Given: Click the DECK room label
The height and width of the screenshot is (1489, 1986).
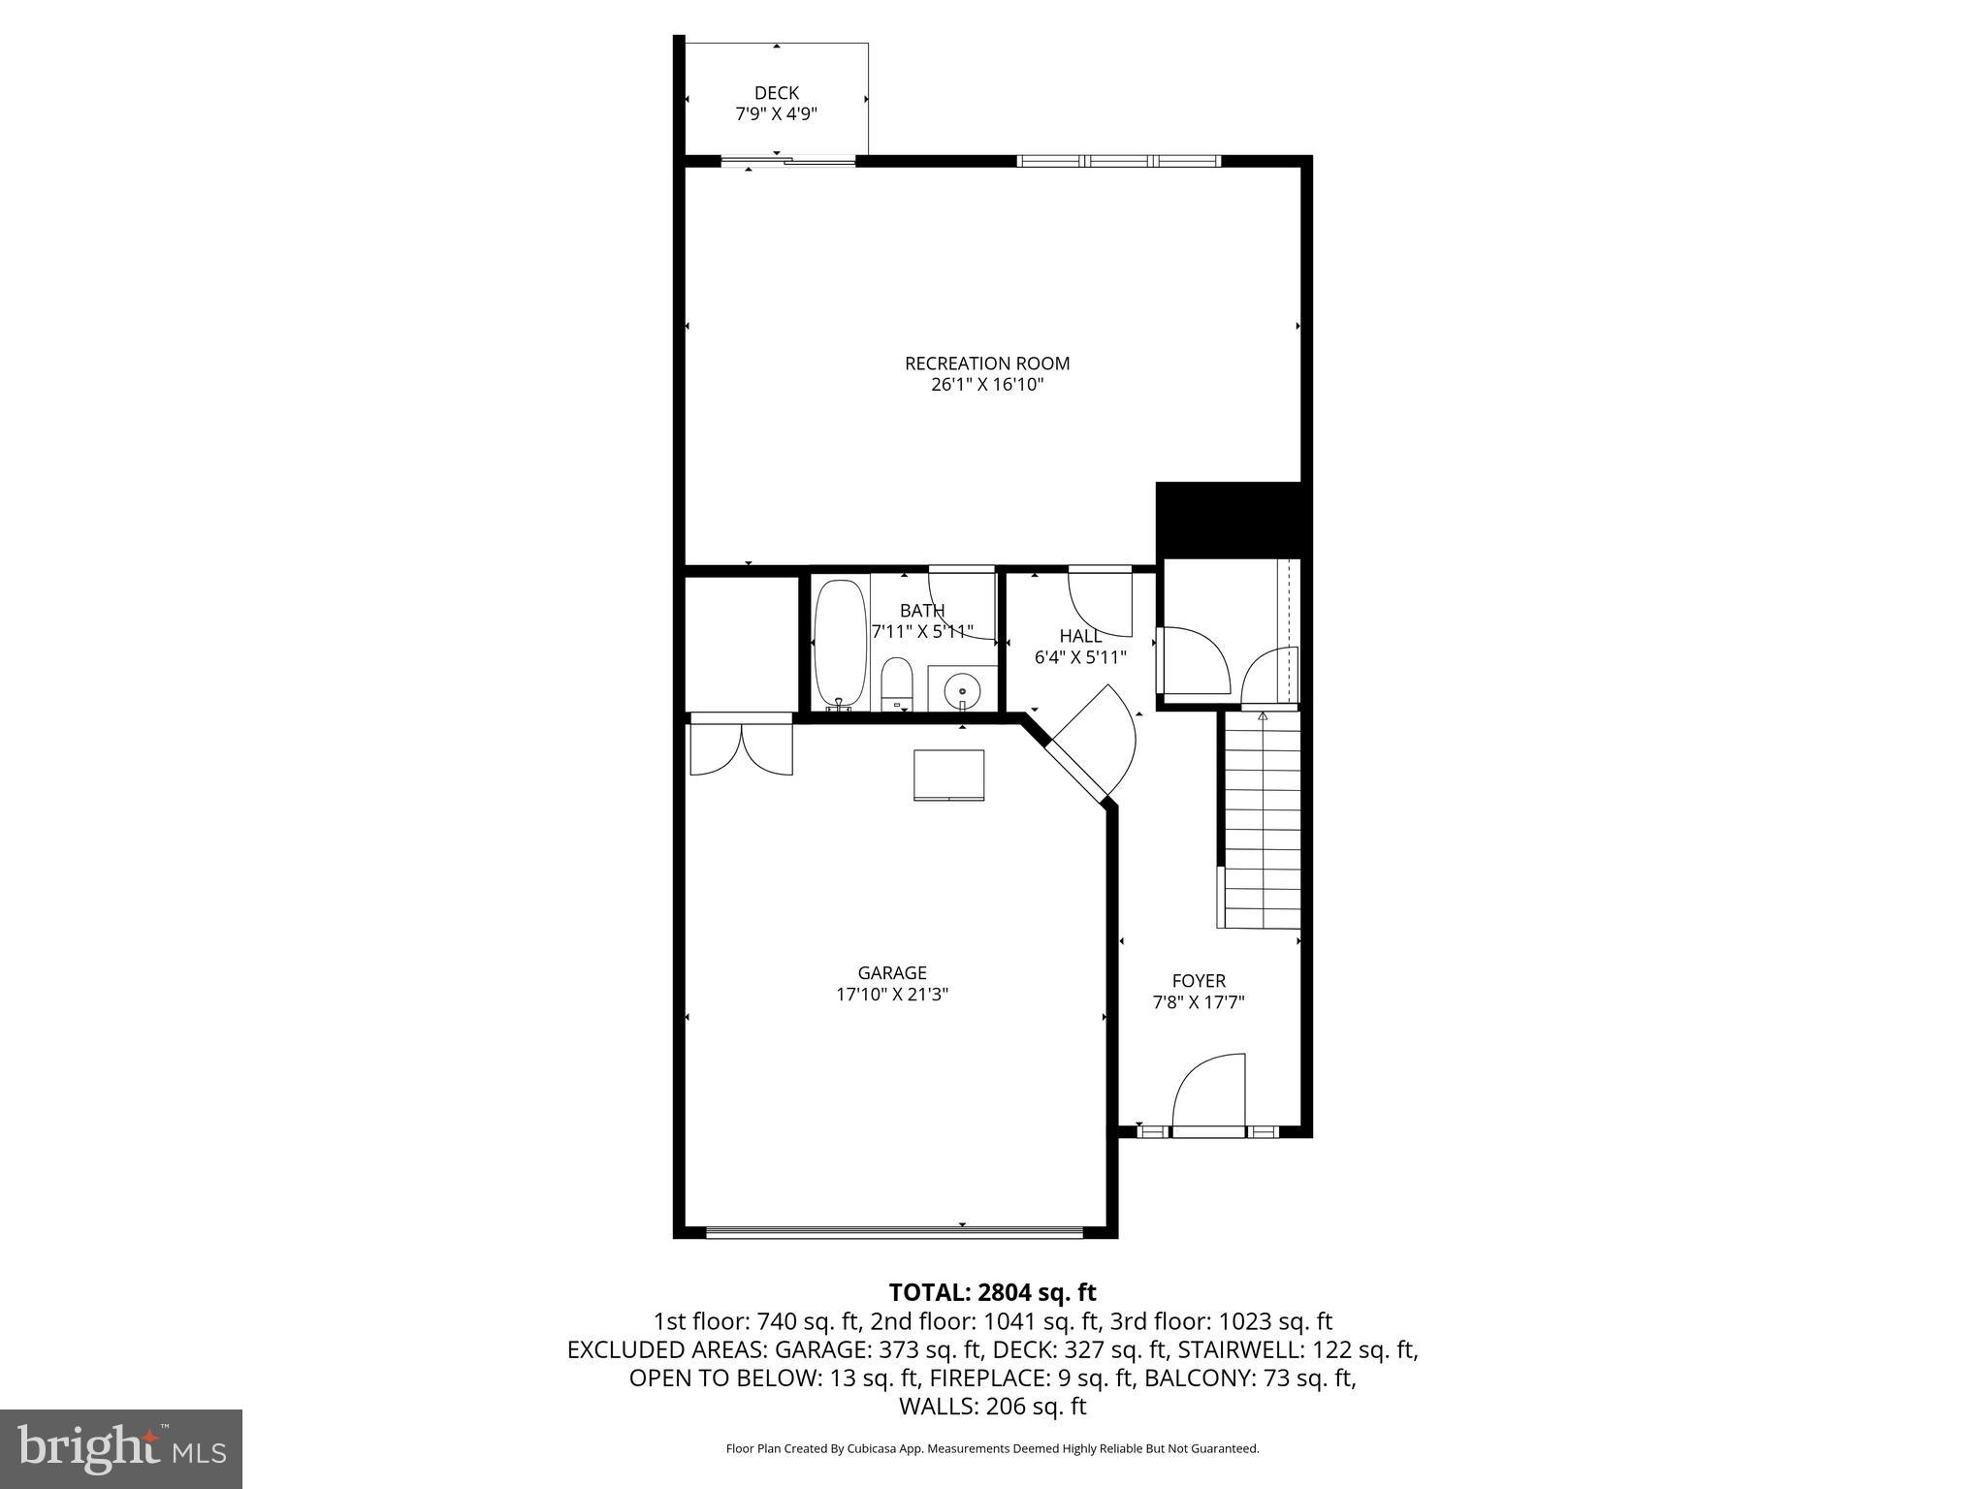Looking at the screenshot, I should (x=776, y=93).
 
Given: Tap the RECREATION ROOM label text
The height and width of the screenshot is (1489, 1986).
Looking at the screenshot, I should (x=987, y=364).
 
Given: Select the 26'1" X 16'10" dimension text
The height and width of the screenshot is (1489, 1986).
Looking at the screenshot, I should (x=987, y=385).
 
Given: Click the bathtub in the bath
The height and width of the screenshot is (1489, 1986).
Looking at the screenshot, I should (x=840, y=645).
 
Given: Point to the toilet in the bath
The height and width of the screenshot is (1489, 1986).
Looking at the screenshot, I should (x=897, y=683).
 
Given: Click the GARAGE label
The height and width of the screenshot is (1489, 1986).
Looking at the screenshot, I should (x=892, y=972).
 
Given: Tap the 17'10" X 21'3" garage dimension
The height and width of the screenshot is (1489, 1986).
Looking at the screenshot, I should (x=892, y=994).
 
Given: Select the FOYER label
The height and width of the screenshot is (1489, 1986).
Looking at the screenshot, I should (x=1199, y=981).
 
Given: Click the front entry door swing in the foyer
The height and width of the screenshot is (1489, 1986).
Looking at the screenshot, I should (x=1210, y=1093).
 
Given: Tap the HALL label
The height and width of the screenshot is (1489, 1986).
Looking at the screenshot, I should (x=1080, y=636).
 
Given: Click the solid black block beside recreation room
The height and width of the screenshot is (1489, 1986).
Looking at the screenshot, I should (x=1228, y=521).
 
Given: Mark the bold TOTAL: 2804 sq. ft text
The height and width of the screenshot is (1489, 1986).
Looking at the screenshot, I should (x=992, y=1292).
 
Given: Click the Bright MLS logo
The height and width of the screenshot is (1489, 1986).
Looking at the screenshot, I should (x=121, y=1448).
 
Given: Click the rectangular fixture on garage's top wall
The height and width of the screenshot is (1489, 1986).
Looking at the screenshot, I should (x=948, y=775).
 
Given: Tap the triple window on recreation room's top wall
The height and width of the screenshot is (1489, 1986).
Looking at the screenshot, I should (x=1118, y=161).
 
